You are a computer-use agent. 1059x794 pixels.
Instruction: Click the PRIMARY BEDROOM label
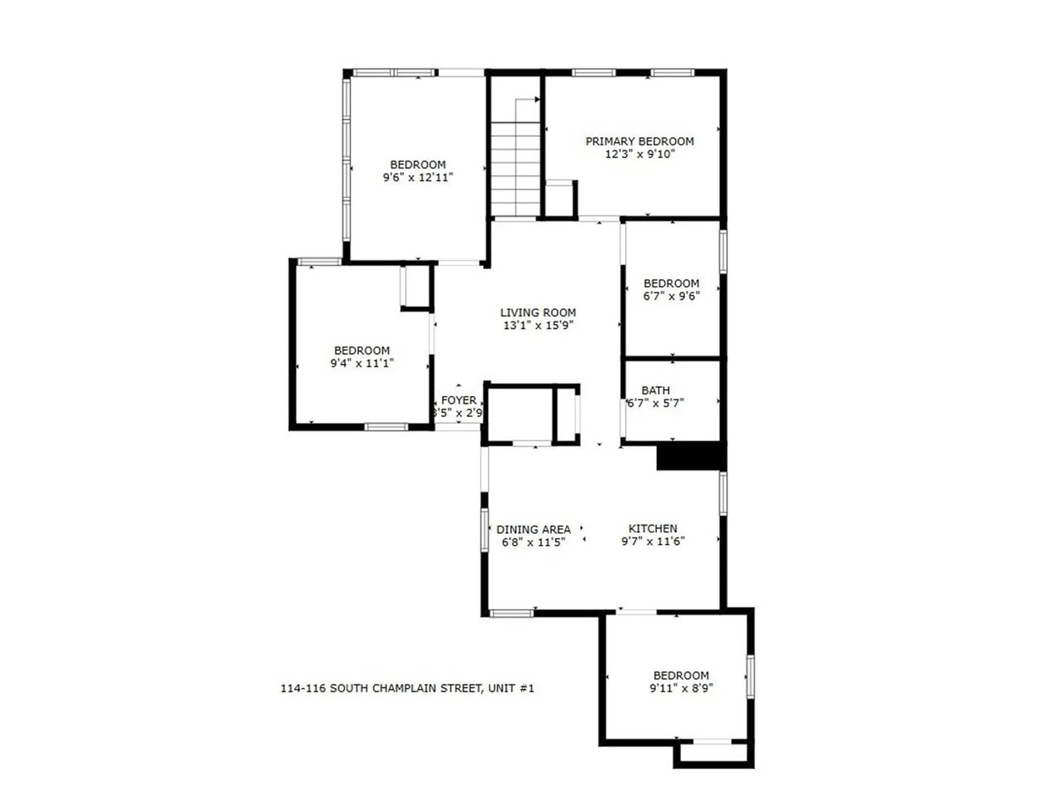tap(639, 141)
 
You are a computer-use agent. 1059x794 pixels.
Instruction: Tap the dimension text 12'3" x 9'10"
tap(639, 154)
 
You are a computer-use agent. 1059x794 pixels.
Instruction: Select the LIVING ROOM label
tap(538, 312)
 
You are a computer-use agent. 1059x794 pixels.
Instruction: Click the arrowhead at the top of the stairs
tap(537, 99)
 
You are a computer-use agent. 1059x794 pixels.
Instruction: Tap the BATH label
tap(655, 390)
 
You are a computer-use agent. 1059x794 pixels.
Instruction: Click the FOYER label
tap(458, 400)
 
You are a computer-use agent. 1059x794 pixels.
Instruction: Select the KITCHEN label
tap(652, 528)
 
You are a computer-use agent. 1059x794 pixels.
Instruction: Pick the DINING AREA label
tap(533, 529)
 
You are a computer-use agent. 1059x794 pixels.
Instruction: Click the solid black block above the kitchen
tap(689, 456)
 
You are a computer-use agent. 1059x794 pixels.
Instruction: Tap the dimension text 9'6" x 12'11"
tap(418, 178)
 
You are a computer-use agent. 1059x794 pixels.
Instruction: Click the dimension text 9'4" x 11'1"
tap(361, 363)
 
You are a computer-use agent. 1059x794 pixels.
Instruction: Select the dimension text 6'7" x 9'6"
tap(671, 296)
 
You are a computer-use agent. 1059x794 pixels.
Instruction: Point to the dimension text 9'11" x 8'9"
tap(681, 688)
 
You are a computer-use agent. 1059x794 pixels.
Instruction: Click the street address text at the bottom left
tap(407, 688)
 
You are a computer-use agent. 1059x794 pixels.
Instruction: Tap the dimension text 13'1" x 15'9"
tap(538, 325)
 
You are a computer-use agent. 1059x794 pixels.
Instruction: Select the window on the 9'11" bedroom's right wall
tap(750, 676)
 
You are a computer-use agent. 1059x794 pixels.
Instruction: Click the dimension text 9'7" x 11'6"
tap(652, 541)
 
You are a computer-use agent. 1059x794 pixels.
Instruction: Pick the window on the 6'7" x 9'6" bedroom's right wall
tap(723, 251)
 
